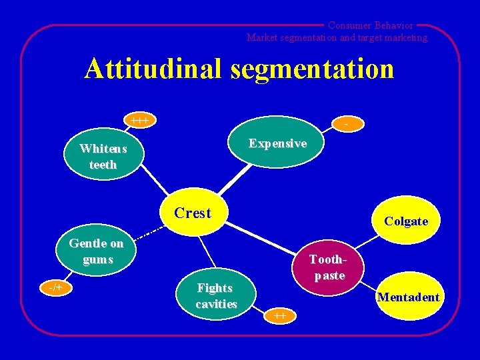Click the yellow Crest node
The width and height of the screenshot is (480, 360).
coord(193,214)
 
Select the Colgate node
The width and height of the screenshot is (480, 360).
coord(406,221)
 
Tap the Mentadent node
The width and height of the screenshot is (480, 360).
coord(408,297)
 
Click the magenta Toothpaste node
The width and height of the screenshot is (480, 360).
coord(327,267)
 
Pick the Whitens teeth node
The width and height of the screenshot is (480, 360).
coord(103,157)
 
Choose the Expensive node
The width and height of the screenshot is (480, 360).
coord(277,143)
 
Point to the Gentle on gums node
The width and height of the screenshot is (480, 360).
coord(97,251)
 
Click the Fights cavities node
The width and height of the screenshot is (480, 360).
coord(215,296)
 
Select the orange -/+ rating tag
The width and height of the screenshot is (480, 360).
coord(55,287)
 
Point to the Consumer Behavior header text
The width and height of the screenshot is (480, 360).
coord(370,25)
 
